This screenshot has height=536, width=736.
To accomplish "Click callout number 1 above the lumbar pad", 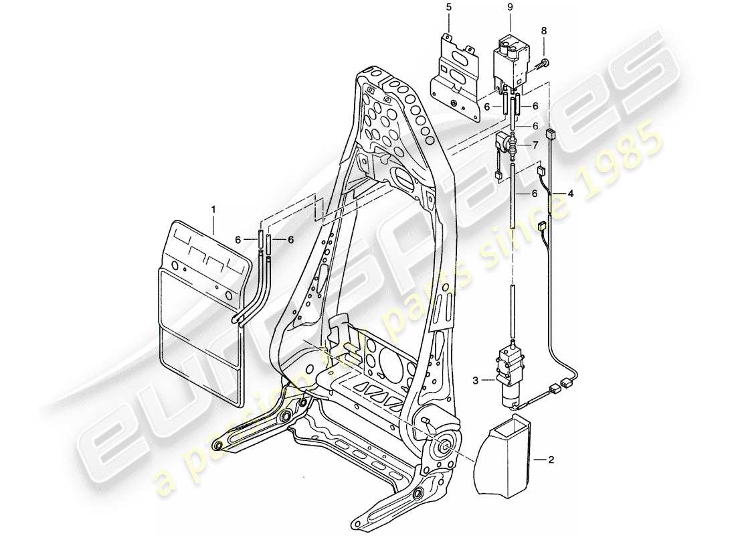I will point(213,210).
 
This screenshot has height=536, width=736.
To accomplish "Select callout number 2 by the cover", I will point(551,460).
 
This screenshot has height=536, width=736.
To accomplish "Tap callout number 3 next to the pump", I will point(474,380).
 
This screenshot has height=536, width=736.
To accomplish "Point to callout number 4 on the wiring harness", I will point(570,194).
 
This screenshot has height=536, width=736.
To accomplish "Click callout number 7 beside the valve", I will point(534,145).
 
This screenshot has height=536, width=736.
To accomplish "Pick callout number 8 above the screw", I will point(543,31).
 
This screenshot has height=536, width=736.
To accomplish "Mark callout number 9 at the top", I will point(510,7).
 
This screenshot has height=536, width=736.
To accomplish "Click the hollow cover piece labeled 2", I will point(506,460).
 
